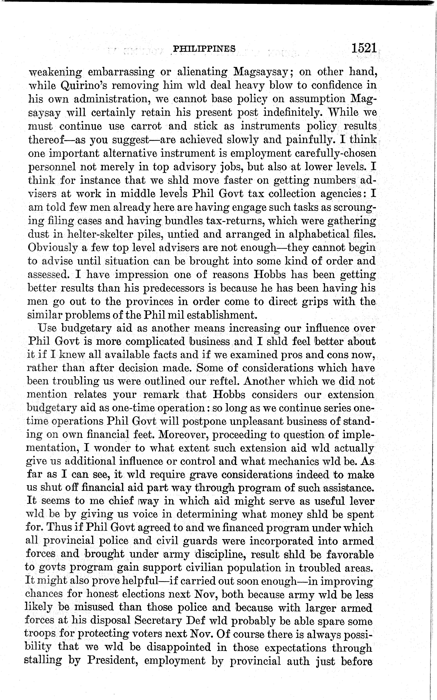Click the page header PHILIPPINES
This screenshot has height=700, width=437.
pyautogui.click(x=204, y=49)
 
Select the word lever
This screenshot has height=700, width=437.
pyautogui.click(x=361, y=501)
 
